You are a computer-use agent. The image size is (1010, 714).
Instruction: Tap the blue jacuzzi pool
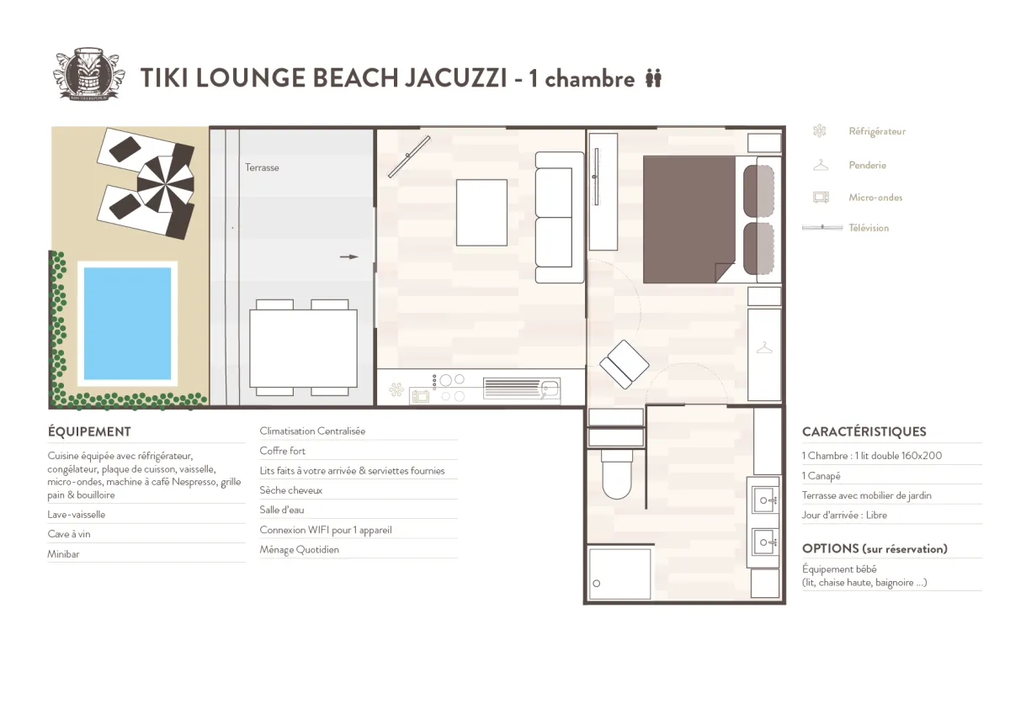point(128,324)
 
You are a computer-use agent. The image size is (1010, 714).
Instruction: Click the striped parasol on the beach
point(166,184)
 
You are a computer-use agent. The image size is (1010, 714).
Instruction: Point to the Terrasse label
point(262,167)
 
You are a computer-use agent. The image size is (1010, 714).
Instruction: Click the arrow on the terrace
point(349,257)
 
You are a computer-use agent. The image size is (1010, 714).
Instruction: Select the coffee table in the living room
point(481,213)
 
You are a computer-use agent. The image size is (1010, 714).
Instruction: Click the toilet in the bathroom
point(616,474)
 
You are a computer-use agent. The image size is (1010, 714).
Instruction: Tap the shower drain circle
point(597,584)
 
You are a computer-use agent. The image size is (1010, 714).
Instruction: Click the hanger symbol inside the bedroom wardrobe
point(764,348)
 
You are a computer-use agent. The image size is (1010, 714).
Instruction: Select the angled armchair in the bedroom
point(624,364)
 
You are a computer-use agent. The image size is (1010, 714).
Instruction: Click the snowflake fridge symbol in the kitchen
point(396,389)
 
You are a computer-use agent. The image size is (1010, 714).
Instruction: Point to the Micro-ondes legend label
point(875,198)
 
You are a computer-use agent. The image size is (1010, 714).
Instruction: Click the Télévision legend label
point(869,228)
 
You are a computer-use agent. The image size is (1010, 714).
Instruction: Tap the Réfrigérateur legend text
point(877,131)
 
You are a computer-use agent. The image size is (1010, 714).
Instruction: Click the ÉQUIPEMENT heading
point(89,431)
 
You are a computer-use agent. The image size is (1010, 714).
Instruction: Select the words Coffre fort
point(282,451)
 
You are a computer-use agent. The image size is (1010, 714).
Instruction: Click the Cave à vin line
point(69,534)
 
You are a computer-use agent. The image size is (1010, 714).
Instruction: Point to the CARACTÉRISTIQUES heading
point(864,431)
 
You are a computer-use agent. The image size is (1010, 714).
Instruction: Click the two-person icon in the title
point(653,78)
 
